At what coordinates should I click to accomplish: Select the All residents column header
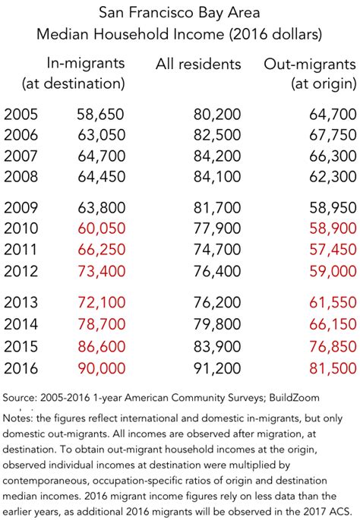198,64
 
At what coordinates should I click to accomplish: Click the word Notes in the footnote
19,417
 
